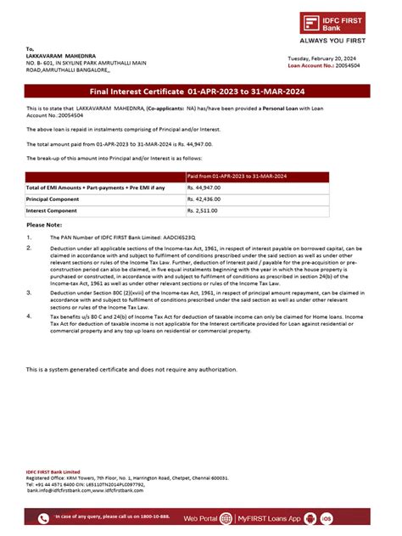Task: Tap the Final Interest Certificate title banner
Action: point(200,91)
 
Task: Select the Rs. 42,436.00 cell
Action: point(208,198)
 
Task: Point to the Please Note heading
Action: point(45,225)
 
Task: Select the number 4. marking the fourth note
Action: point(30,315)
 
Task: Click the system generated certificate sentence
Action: point(131,370)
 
